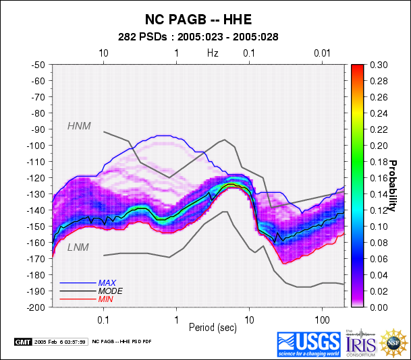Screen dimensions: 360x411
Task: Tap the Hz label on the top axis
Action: [x=213, y=53]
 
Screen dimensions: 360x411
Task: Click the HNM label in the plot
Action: [x=79, y=125]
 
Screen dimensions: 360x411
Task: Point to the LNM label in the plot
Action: [x=78, y=249]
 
